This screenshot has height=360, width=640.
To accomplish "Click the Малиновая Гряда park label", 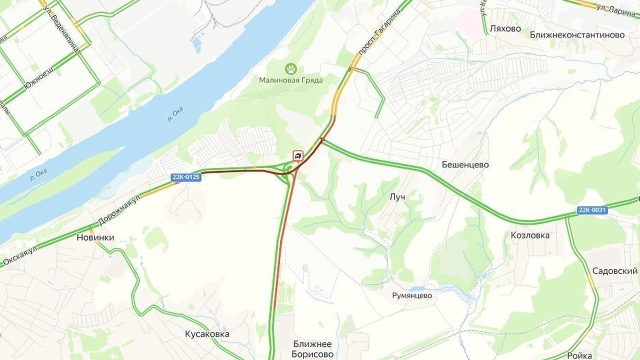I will pyautogui.click(x=290, y=80).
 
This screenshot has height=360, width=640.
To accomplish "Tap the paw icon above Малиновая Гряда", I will pyautogui.click(x=291, y=68).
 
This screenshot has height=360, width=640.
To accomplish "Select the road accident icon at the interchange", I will pyautogui.click(x=298, y=156).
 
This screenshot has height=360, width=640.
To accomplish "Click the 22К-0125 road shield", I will pyautogui.click(x=186, y=177).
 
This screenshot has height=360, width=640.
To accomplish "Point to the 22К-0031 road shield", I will pyautogui.click(x=592, y=210).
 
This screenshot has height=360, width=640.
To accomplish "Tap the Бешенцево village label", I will pyautogui.click(x=465, y=164).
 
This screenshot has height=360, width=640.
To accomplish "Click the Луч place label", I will pyautogui.click(x=397, y=197).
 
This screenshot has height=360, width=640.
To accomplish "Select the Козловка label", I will pyautogui.click(x=530, y=235).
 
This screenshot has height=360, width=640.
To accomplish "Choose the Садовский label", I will pyautogui.click(x=614, y=270).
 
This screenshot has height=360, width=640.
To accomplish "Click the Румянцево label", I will pyautogui.click(x=412, y=295).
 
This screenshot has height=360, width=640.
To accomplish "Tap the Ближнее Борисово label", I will pyautogui.click(x=313, y=349).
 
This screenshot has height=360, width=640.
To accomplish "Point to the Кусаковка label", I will pyautogui.click(x=207, y=333).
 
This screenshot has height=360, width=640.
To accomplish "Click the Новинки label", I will pyautogui.click(x=95, y=237).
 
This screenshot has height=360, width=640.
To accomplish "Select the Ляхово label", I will pyautogui.click(x=505, y=28).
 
